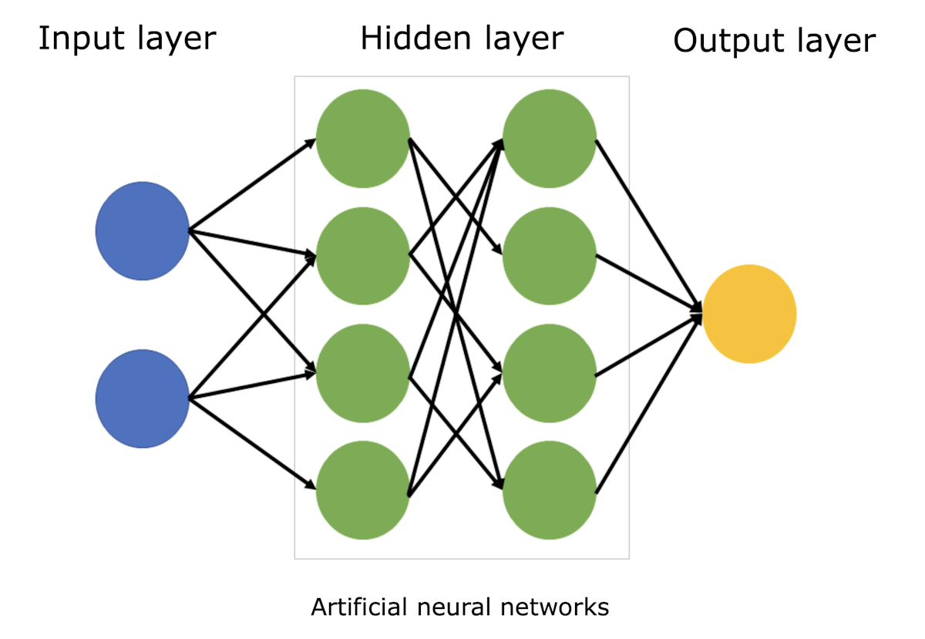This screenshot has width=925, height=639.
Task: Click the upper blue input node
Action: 143,230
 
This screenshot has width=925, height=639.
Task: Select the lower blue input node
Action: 143,399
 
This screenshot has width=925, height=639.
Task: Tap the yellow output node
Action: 749,313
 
